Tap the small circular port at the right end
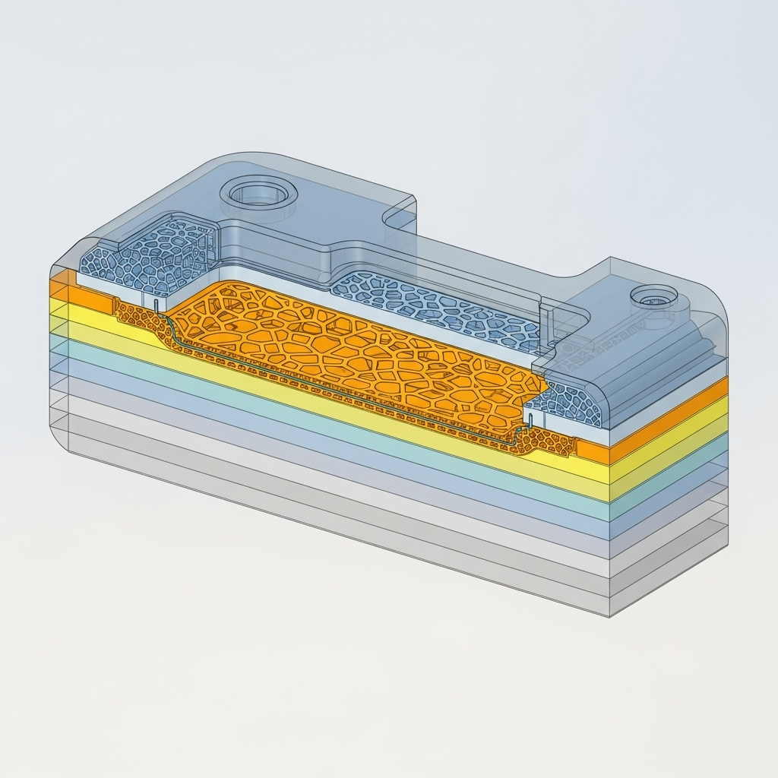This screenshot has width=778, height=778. (654, 297)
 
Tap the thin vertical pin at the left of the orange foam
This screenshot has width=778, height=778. (156, 305)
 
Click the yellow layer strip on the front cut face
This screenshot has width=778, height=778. (342, 403)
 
